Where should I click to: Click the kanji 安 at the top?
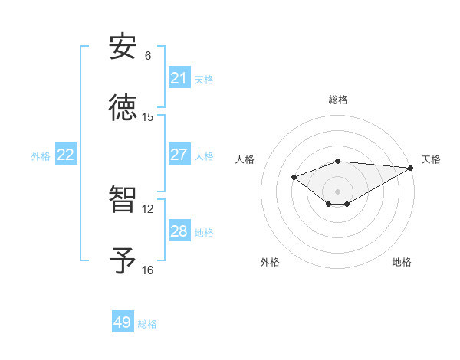[x=123, y=47]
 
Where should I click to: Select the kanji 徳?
[x=123, y=108]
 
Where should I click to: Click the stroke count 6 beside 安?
[x=148, y=56]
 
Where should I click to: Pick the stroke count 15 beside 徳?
[x=148, y=117]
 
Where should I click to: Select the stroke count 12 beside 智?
[x=148, y=208]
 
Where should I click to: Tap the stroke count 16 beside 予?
[x=148, y=270]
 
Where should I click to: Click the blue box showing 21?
[x=179, y=78]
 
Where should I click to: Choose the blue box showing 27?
[x=179, y=155]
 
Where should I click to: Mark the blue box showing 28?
[x=179, y=231]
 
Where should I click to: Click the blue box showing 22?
[x=66, y=155]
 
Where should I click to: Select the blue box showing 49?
[x=123, y=322]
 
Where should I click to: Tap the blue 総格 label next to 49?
[x=147, y=324]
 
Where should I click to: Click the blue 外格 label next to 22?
[x=41, y=156]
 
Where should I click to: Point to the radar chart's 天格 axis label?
[x=431, y=159]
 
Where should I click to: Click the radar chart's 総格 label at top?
[x=337, y=100]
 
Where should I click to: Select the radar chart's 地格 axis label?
[x=402, y=262]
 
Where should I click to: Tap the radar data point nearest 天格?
[x=411, y=168]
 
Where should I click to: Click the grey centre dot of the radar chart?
[x=337, y=191]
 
